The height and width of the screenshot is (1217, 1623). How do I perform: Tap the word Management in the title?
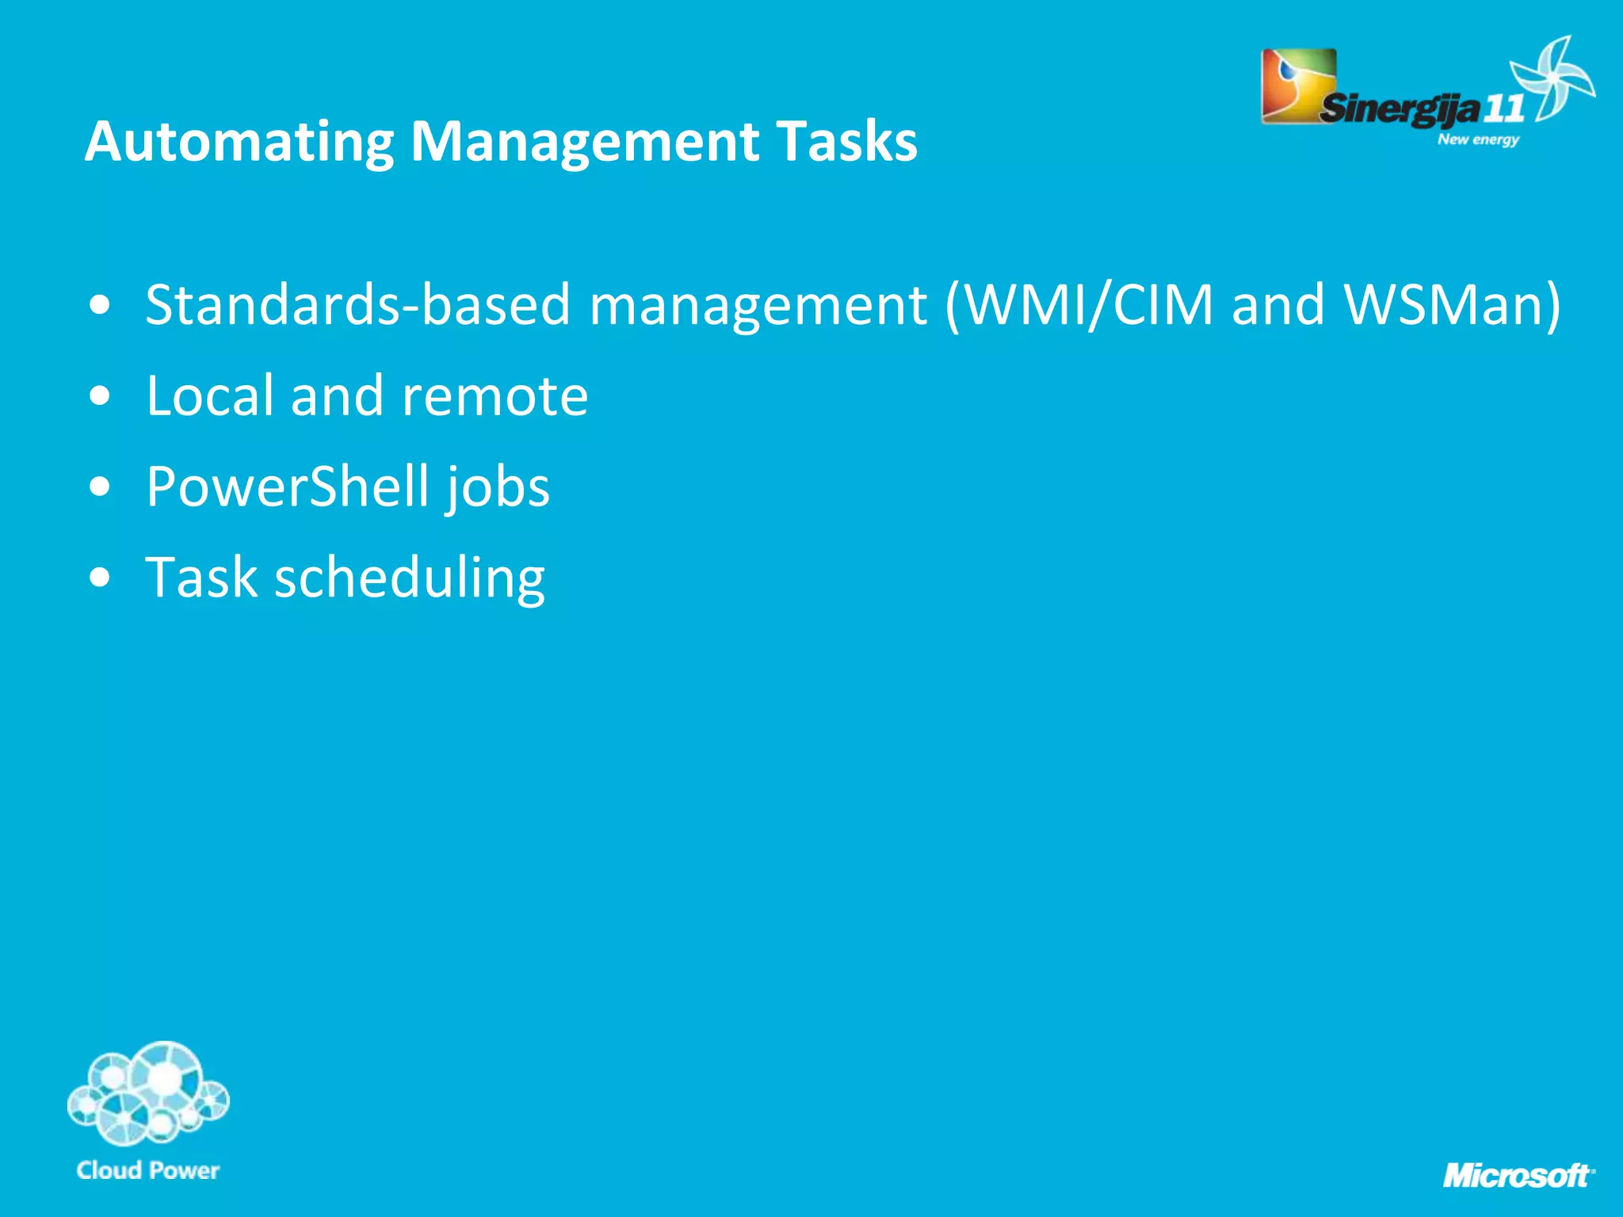click(584, 143)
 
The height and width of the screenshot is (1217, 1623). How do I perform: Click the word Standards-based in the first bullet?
click(357, 305)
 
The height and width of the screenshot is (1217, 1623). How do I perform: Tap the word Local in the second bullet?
click(209, 395)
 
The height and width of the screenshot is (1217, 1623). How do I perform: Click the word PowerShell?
click(288, 486)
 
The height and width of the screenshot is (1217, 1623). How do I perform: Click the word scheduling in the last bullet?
click(410, 578)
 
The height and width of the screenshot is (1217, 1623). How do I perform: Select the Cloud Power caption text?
click(148, 1170)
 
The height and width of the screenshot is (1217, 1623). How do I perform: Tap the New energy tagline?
click(1479, 139)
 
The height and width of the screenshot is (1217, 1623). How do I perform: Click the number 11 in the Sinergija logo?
click(1503, 109)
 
